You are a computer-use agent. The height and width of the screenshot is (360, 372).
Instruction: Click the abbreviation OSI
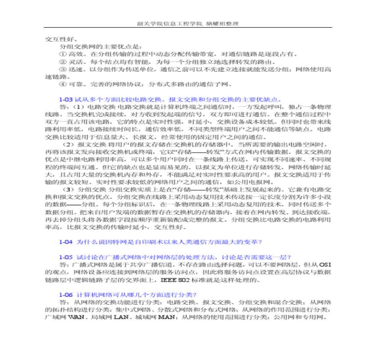[325, 265]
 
